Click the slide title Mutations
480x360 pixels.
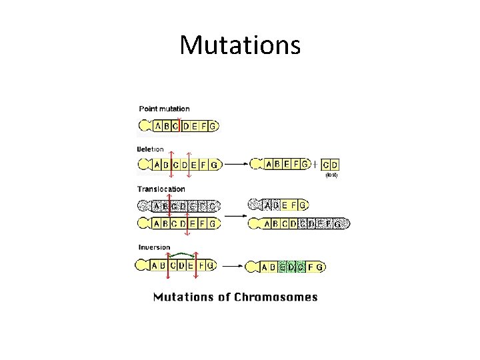(240, 45)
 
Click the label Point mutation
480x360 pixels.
(164, 109)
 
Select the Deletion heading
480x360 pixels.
(151, 149)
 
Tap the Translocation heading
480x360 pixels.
(161, 189)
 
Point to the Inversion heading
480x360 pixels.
(154, 247)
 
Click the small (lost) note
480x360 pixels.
(331, 175)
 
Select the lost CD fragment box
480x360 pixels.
(330, 164)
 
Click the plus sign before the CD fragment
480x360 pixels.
(315, 164)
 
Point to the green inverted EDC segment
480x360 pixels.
(292, 267)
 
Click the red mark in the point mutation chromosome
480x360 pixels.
(181, 125)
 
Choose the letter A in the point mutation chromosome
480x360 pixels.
(158, 125)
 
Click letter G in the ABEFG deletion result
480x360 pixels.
(304, 164)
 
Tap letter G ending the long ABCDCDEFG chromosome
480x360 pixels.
(338, 225)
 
